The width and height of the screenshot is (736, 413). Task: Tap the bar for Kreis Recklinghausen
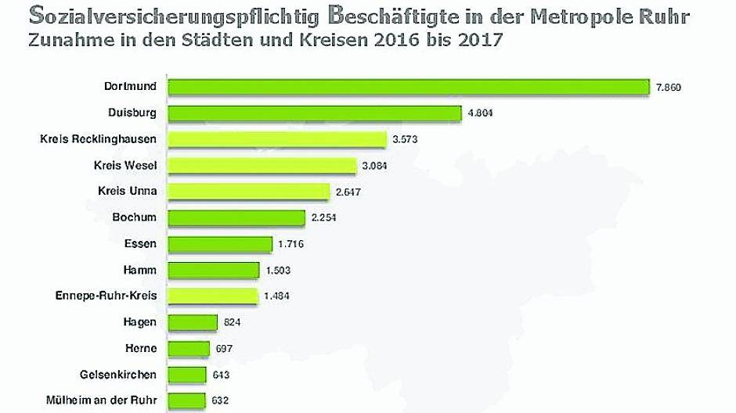pos(277,139)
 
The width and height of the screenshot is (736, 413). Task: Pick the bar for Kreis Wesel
pos(262,166)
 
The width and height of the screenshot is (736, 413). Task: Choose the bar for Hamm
pos(213,270)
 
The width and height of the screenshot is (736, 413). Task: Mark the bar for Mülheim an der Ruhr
pos(186,400)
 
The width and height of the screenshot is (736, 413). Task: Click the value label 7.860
pos(669,88)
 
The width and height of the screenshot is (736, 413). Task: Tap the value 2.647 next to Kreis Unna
pos(348,192)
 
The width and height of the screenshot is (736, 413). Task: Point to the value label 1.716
pos(290,244)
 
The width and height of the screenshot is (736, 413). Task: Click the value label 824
pos(232,322)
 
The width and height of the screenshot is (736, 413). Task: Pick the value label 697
pos(223,348)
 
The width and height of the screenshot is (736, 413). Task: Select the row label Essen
pos(140,244)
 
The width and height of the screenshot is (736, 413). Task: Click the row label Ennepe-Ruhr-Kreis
pos(106,296)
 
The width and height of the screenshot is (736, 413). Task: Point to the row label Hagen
pos(139,322)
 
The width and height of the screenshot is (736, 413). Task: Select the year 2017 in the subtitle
pos(471,41)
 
